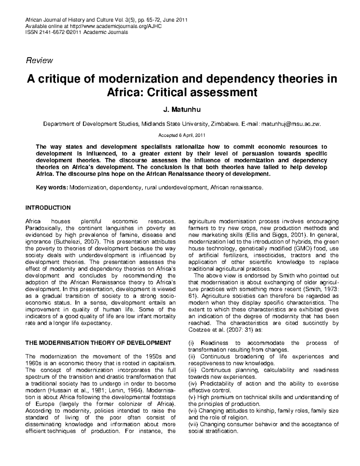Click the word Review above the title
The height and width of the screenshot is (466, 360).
click(40, 61)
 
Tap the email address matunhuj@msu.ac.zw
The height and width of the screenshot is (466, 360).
click(291, 124)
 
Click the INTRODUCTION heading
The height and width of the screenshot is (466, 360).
click(48, 208)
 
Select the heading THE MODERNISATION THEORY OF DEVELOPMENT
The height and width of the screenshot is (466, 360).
click(98, 343)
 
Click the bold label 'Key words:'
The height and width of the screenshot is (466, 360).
click(52, 188)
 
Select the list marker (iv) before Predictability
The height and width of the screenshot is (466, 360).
click(193, 383)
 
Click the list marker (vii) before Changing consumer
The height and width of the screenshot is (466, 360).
click(193, 424)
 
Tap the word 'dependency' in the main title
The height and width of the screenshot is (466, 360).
click(235, 79)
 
